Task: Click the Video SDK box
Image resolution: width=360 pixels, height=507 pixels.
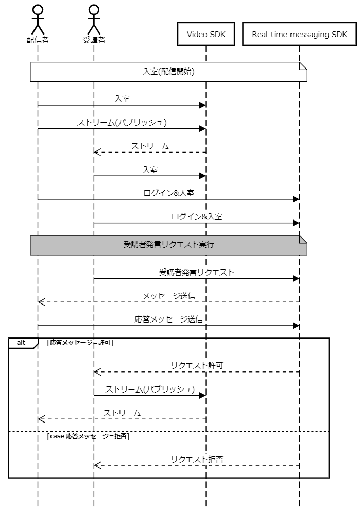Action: (206, 34)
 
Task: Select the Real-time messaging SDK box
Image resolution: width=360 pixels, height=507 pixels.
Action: (300, 34)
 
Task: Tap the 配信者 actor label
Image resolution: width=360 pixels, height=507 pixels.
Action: (38, 40)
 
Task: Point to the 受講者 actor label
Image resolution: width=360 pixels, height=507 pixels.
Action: (94, 40)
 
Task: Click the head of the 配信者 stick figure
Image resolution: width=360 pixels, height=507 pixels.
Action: (38, 10)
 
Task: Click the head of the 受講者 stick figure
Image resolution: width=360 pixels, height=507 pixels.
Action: (94, 10)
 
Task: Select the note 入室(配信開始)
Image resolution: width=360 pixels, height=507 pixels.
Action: (168, 72)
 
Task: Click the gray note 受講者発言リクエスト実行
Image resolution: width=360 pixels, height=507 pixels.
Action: (168, 245)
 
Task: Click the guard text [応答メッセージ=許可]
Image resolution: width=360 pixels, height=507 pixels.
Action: (80, 343)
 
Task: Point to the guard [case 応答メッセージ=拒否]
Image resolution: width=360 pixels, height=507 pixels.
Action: (88, 436)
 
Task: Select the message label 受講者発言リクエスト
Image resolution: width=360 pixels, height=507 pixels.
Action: (197, 272)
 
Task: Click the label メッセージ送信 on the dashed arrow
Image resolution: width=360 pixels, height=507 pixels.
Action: (169, 296)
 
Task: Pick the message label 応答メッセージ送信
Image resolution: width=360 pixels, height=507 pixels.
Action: (168, 319)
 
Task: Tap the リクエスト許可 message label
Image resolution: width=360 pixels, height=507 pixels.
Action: (197, 366)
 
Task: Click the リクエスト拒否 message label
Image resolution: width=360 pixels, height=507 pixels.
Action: (197, 459)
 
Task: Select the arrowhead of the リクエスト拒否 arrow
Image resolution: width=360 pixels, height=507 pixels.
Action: (97, 465)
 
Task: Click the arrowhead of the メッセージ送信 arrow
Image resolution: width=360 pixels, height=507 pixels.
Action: (41, 302)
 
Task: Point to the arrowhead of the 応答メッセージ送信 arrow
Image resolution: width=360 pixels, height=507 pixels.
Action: (296, 326)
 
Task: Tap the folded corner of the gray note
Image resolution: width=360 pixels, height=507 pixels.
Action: (303, 239)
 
